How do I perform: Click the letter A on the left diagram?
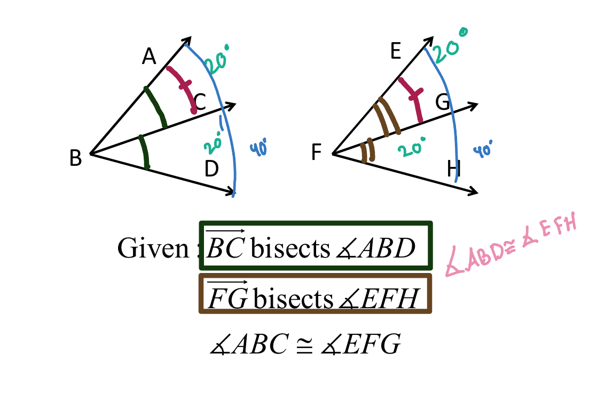pyautogui.click(x=149, y=56)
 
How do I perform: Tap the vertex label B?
pyautogui.click(x=75, y=158)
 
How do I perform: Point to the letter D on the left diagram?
pyautogui.click(x=212, y=169)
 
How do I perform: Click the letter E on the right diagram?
pyautogui.click(x=396, y=52)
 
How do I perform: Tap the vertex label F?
pyautogui.click(x=317, y=154)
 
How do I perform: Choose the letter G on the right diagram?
pyautogui.click(x=443, y=101)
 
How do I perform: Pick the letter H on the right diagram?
pyautogui.click(x=454, y=170)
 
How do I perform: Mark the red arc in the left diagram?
pyautogui.click(x=182, y=88)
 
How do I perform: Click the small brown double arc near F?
pyautogui.click(x=367, y=151)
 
